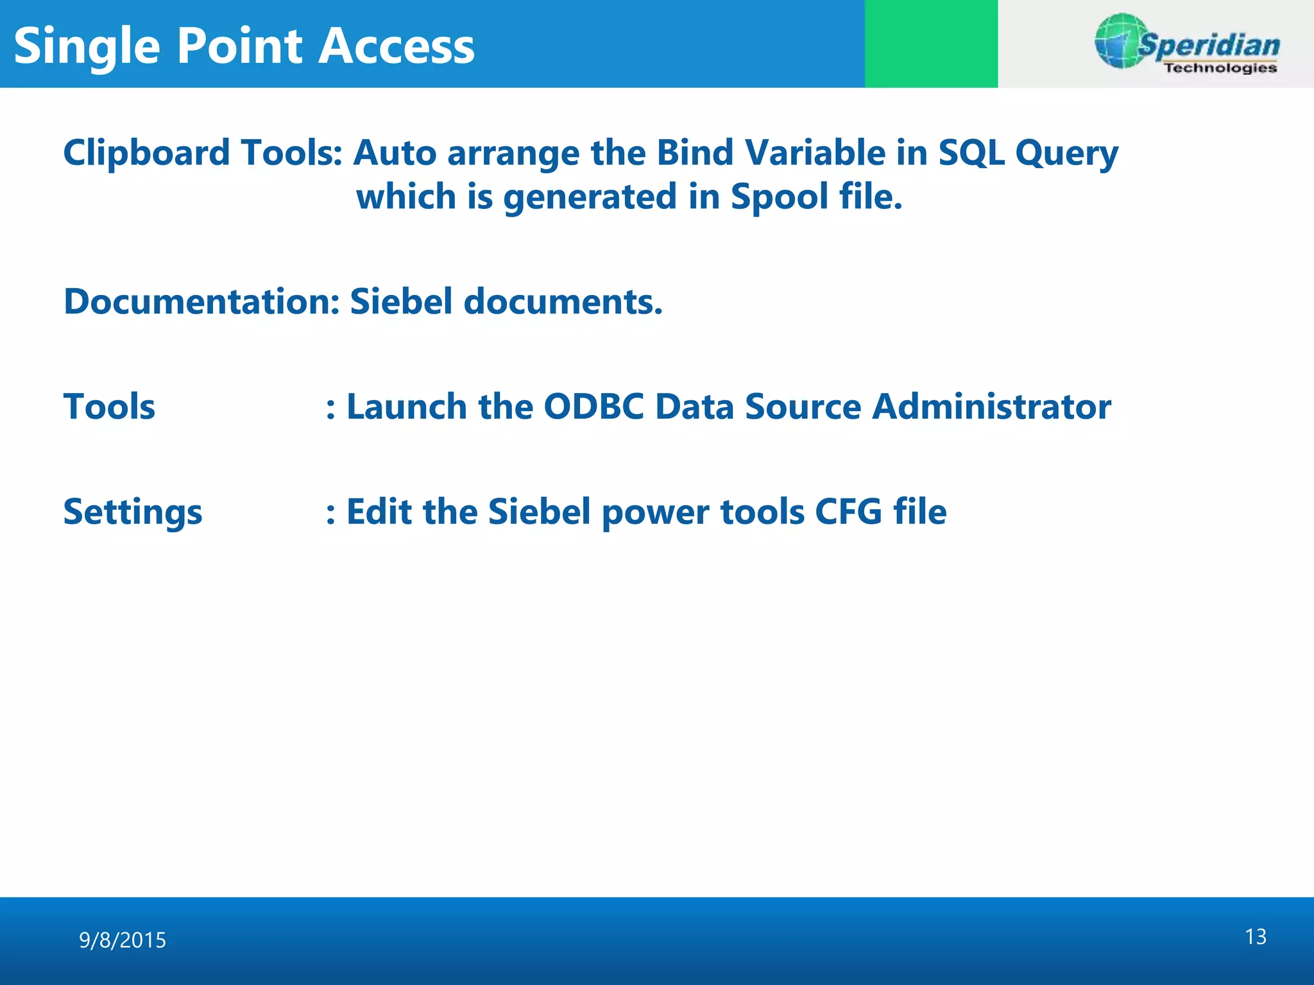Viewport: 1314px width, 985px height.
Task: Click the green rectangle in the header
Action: point(931,44)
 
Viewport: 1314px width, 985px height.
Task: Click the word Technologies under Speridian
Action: point(1220,68)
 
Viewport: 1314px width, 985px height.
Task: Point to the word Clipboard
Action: point(146,153)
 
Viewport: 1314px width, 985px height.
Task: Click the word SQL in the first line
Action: point(971,153)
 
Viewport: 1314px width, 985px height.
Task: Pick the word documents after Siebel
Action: point(563,301)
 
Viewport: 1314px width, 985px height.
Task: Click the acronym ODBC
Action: point(593,407)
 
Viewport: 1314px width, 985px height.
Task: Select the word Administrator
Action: point(991,407)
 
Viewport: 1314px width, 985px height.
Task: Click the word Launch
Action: point(406,407)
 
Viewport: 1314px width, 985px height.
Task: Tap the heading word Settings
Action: point(133,512)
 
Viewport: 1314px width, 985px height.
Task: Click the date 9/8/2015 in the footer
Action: point(123,940)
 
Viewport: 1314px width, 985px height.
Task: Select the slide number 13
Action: point(1256,937)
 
